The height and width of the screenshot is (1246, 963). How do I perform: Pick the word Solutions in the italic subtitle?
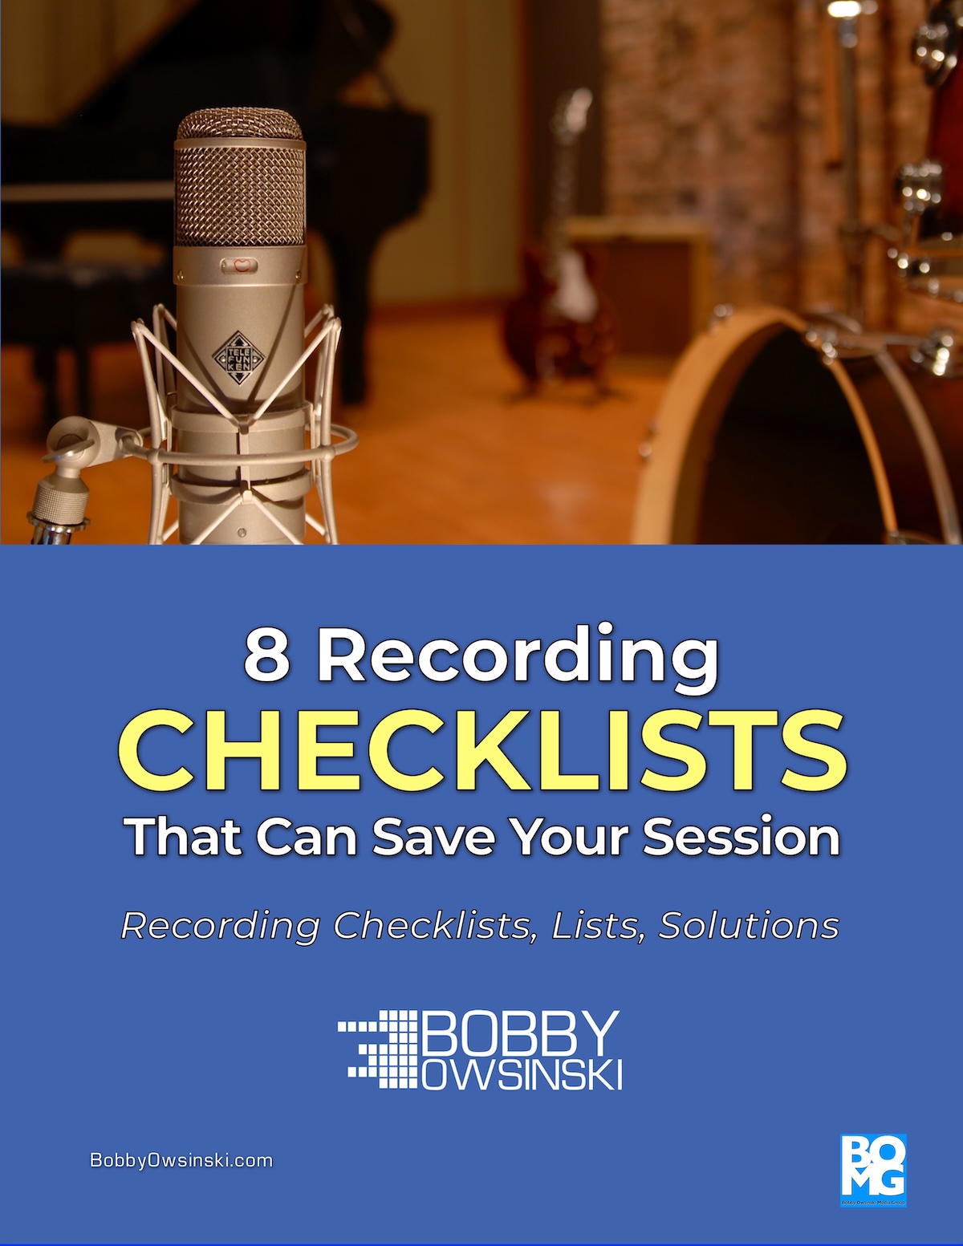[x=749, y=926]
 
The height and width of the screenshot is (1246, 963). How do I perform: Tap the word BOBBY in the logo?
[x=520, y=1033]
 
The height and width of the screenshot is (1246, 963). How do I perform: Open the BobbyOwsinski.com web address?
[x=181, y=1160]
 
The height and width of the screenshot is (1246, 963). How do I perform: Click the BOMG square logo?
[x=872, y=1169]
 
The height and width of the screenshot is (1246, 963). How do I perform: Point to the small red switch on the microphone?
[x=240, y=264]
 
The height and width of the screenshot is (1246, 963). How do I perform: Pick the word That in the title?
[x=184, y=837]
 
